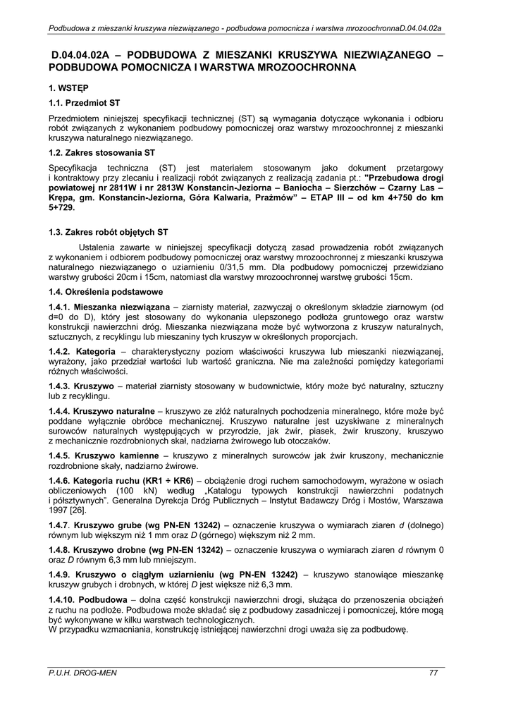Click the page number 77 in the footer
click(433, 673)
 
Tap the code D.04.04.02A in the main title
click(83, 54)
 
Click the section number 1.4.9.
click(59, 574)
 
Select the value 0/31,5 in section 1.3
click(263, 268)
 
